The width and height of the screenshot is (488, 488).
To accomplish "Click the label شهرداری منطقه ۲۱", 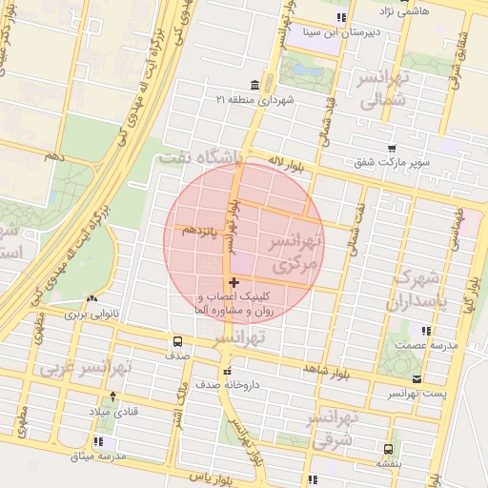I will click(256, 99).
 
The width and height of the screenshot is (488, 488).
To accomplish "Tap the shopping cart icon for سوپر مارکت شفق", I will click(392, 148).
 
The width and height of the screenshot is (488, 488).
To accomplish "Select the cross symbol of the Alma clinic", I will click(234, 283).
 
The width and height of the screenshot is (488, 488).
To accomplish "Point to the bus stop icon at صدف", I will click(177, 341).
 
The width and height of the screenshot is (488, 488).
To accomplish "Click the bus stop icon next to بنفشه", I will click(387, 449).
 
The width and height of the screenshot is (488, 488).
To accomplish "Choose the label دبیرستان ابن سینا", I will click(339, 31).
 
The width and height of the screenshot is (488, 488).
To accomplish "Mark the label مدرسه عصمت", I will click(426, 344).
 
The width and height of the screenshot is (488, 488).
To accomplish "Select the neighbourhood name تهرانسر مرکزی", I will click(298, 252).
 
